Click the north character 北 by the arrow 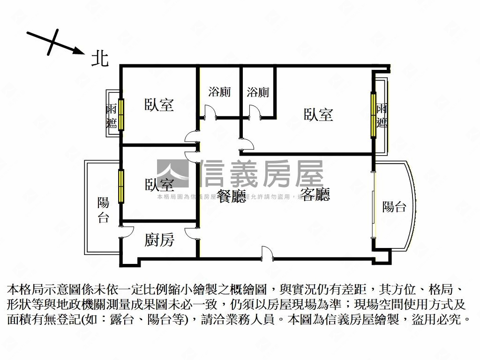pos(99,59)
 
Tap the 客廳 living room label pos(315,195)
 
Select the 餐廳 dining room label pos(231,196)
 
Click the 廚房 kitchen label pos(159,240)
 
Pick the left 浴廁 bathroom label pos(219,92)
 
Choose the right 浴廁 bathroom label pos(258,92)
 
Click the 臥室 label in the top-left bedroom pos(159,105)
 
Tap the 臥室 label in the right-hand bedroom pos(318,114)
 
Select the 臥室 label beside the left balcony pos(159,185)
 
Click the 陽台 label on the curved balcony pos(394,207)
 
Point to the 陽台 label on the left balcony pos(103,210)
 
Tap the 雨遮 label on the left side pos(112,116)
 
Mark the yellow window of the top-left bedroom pos(121,114)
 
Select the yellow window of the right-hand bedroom pos(374,115)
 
